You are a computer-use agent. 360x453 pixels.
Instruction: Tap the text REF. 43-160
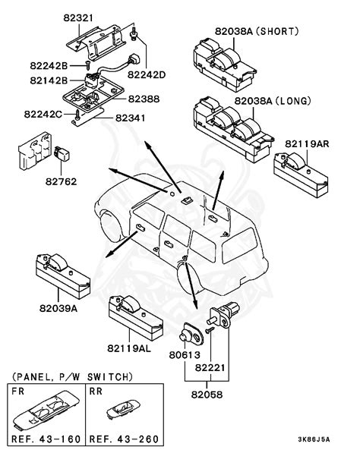(x=46, y=439)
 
